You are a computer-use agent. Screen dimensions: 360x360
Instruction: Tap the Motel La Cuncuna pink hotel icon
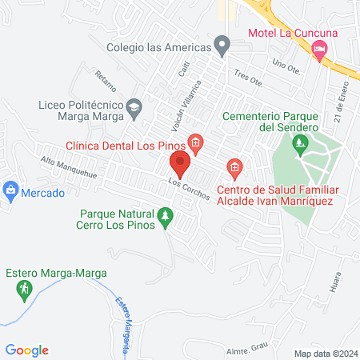tap(320, 50)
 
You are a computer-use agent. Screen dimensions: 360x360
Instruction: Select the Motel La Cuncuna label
tap(293, 32)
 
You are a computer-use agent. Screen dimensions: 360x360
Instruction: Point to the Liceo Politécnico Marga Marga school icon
tap(134, 106)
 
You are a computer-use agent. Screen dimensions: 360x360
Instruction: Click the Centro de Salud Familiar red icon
tap(234, 166)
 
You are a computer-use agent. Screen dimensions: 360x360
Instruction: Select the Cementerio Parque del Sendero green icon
tap(301, 145)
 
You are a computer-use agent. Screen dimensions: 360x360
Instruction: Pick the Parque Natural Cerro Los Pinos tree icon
tap(166, 216)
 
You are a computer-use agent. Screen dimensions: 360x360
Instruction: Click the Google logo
tap(27, 350)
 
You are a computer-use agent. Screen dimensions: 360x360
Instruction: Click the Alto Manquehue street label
tap(68, 167)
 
